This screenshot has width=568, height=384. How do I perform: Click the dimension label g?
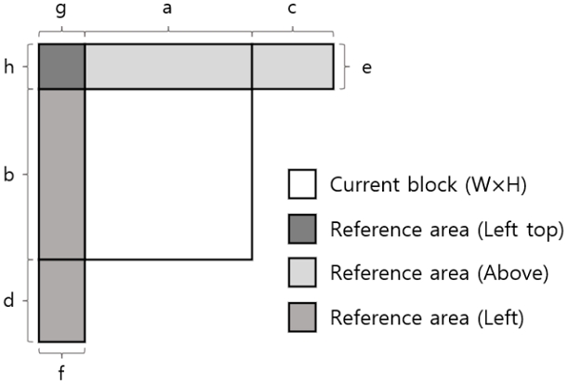[60, 11]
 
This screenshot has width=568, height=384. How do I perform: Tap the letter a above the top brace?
[167, 9]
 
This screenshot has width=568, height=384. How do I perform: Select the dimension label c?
[292, 9]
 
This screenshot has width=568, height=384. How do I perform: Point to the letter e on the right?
[366, 68]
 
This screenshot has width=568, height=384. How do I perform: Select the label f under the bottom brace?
[61, 373]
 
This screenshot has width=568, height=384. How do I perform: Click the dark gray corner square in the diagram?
[61, 66]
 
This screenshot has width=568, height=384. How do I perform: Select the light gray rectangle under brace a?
[167, 66]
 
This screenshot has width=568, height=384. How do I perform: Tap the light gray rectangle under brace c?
[292, 66]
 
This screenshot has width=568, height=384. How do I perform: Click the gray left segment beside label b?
[61, 174]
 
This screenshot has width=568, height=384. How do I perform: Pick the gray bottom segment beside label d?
[61, 300]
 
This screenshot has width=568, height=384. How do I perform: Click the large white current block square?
[167, 174]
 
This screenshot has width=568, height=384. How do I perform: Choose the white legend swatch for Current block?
[302, 183]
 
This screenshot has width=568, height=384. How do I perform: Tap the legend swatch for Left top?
[302, 229]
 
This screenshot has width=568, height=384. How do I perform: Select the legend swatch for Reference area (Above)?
[302, 273]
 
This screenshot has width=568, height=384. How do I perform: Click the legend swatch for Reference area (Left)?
[302, 318]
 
